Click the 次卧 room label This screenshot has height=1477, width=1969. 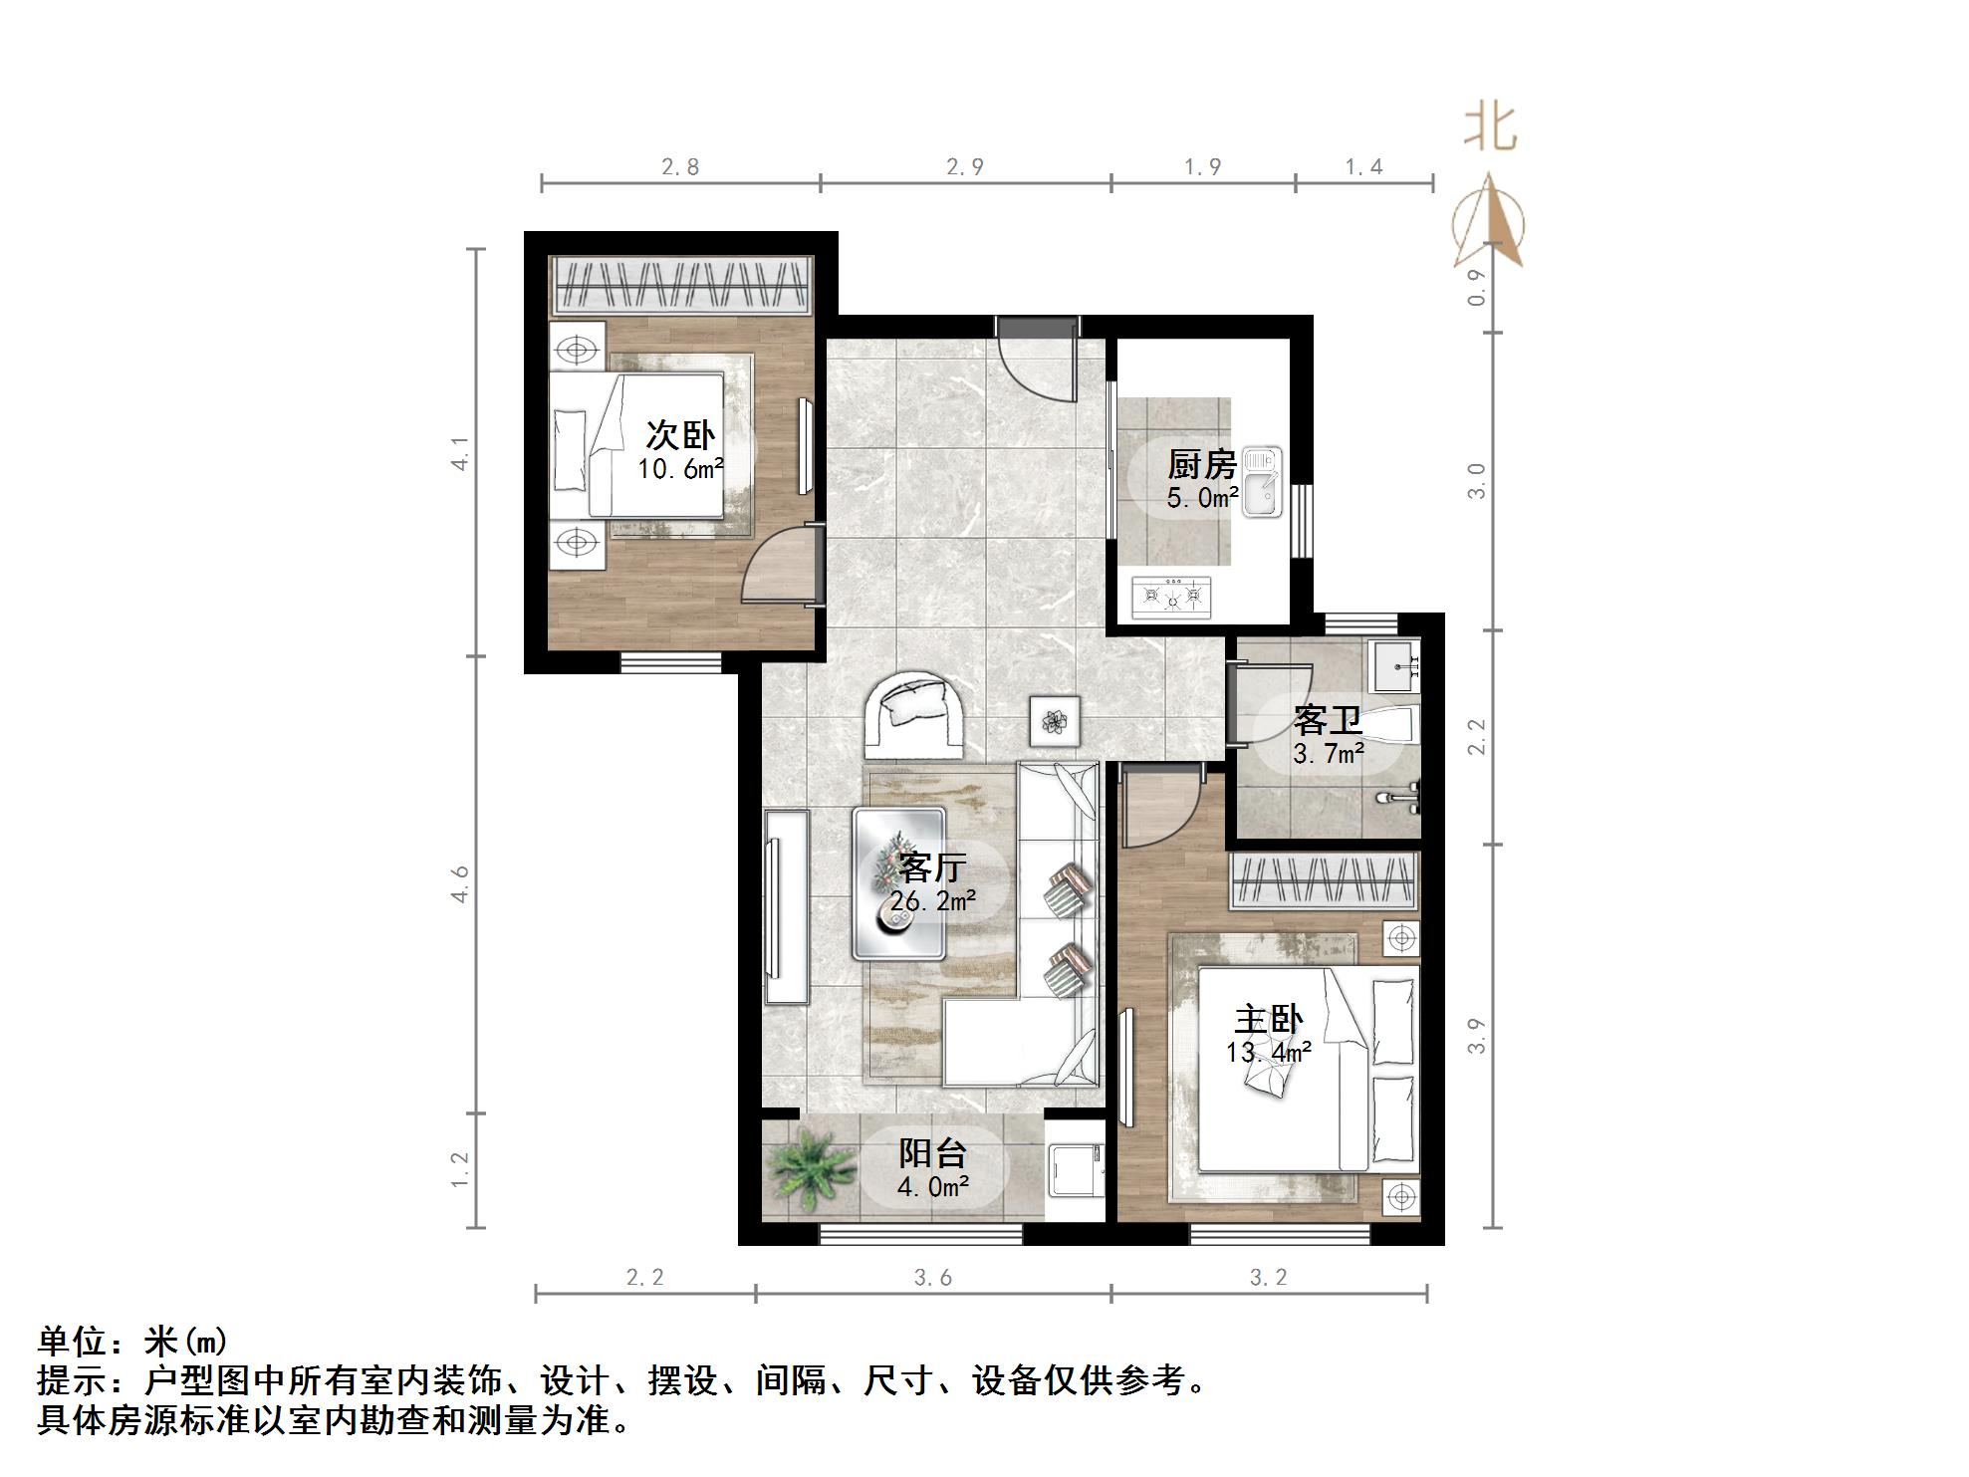[681, 436]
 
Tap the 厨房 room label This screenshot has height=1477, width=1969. [1201, 465]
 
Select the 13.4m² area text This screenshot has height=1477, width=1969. [1267, 1052]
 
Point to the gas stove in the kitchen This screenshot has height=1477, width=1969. [1171, 597]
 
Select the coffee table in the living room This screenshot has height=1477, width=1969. [898, 882]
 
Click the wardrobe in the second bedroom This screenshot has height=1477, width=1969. [682, 286]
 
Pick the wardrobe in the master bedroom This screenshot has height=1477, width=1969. [1324, 881]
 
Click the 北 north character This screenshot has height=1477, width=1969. [1490, 129]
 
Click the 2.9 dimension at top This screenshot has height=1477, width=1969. [964, 166]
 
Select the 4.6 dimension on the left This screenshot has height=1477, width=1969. [460, 884]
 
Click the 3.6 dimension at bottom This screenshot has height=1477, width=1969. [933, 1277]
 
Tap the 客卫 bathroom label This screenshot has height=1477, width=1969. [1328, 720]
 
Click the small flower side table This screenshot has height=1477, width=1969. [1054, 719]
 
